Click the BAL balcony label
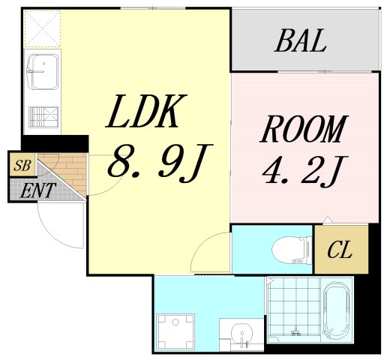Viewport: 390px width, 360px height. pos(300,41)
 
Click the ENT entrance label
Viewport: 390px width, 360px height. pos(36,191)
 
